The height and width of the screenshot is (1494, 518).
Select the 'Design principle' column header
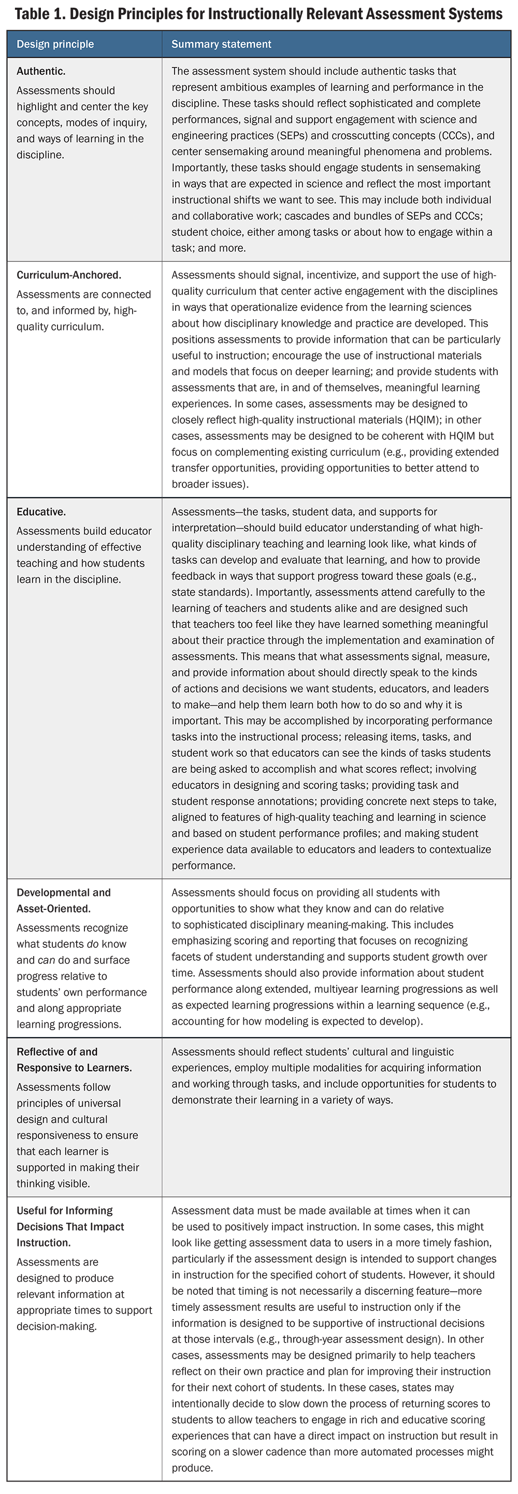[x=55, y=44]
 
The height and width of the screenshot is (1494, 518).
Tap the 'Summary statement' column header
[x=221, y=44]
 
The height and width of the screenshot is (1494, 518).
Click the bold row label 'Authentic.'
[x=40, y=72]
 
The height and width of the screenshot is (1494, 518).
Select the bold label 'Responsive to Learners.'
[x=74, y=1068]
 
